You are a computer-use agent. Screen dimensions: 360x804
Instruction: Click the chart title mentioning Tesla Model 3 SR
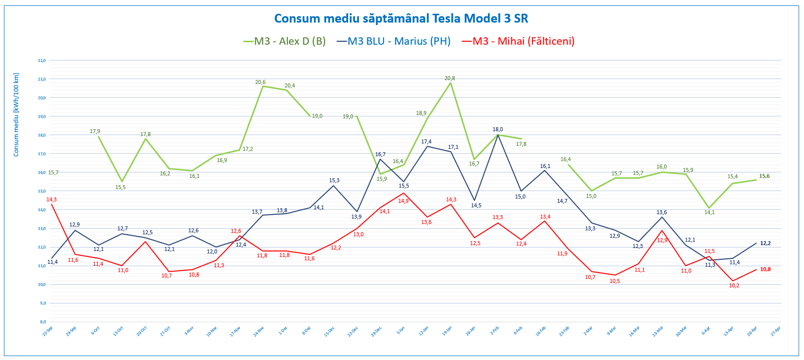(x=401, y=19)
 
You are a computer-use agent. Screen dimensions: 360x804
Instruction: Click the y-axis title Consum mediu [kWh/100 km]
(x=16, y=115)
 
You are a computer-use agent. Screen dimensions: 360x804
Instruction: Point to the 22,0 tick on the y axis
(x=42, y=60)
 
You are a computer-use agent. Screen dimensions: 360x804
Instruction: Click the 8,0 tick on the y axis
(x=43, y=322)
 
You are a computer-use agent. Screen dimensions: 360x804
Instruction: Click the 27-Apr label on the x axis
(x=775, y=332)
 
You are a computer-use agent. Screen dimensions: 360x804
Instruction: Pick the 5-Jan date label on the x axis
(x=401, y=331)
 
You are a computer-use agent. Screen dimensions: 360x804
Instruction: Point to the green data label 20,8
(x=449, y=78)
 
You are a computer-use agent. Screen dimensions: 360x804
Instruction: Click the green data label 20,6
(x=260, y=82)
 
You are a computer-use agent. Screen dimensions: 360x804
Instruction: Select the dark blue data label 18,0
(x=498, y=130)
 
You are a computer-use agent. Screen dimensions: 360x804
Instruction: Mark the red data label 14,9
(x=403, y=201)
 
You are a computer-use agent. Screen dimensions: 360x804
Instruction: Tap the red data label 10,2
(x=734, y=285)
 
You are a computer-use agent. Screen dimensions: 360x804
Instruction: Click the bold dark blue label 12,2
(x=765, y=244)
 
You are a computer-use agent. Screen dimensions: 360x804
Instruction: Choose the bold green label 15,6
(x=764, y=176)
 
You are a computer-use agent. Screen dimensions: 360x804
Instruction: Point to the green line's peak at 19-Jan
(x=451, y=83)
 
